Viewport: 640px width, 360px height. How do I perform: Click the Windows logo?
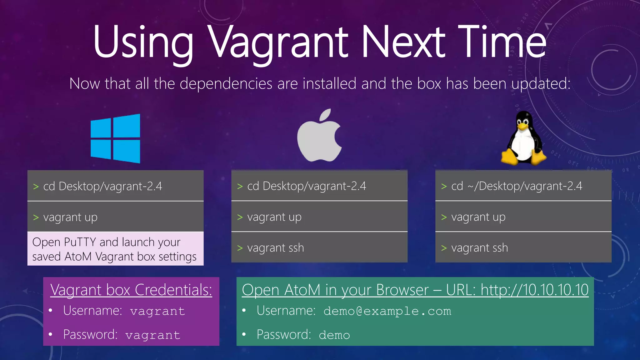coord(115,138)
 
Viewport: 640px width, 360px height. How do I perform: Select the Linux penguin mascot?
coord(524,139)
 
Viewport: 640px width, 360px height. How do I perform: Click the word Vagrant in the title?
coord(278,42)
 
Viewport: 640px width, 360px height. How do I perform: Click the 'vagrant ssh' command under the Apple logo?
coord(275,248)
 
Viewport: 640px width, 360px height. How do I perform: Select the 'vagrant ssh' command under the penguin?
coord(479,248)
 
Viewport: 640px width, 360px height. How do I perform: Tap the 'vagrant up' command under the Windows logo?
coord(70,217)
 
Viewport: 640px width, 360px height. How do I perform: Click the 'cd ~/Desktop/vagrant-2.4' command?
coord(517,186)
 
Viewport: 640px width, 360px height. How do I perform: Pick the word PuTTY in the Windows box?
coord(80,242)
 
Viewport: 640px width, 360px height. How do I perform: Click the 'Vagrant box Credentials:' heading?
coord(131,290)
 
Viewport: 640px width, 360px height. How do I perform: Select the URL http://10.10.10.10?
coord(534,290)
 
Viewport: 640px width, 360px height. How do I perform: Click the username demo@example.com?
coord(387,311)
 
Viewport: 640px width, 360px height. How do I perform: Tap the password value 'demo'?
coord(334,335)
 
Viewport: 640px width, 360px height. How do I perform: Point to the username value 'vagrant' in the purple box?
coord(157,311)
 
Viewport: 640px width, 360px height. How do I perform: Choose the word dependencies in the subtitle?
coord(226,83)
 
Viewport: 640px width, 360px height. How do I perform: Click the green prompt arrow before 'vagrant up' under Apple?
coord(240,217)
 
